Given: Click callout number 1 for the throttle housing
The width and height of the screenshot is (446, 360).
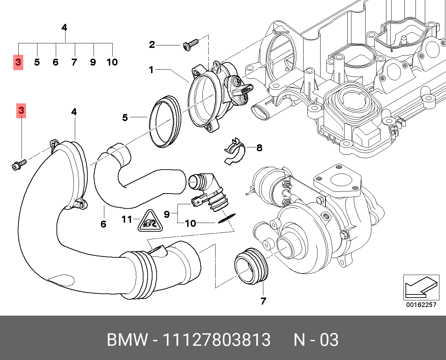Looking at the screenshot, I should tap(151, 70).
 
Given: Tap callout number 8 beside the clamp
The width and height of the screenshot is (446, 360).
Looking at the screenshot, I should tap(259, 148).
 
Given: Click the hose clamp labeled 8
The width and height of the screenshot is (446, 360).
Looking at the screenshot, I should tap(235, 151).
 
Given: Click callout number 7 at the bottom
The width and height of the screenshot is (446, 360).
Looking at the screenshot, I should tap(263, 301).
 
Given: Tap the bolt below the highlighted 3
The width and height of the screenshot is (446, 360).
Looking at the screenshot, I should tap(18, 165).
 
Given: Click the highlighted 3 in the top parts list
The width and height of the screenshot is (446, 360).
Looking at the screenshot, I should tap(18, 62).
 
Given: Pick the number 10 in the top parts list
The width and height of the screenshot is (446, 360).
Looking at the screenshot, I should tap(112, 62).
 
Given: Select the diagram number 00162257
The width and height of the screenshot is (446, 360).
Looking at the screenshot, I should tap(421, 305).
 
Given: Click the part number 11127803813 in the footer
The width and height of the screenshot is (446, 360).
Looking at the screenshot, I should tap(216, 340).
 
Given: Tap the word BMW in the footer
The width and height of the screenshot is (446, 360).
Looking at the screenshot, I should tap(127, 340).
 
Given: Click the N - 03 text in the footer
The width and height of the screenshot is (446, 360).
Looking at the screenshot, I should tap(316, 340).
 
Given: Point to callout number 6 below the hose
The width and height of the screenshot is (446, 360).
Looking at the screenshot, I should tap(103, 224).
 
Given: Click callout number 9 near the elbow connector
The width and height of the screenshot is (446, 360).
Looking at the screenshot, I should tap(167, 214).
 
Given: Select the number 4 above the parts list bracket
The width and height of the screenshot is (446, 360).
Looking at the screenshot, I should tap(64, 27).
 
